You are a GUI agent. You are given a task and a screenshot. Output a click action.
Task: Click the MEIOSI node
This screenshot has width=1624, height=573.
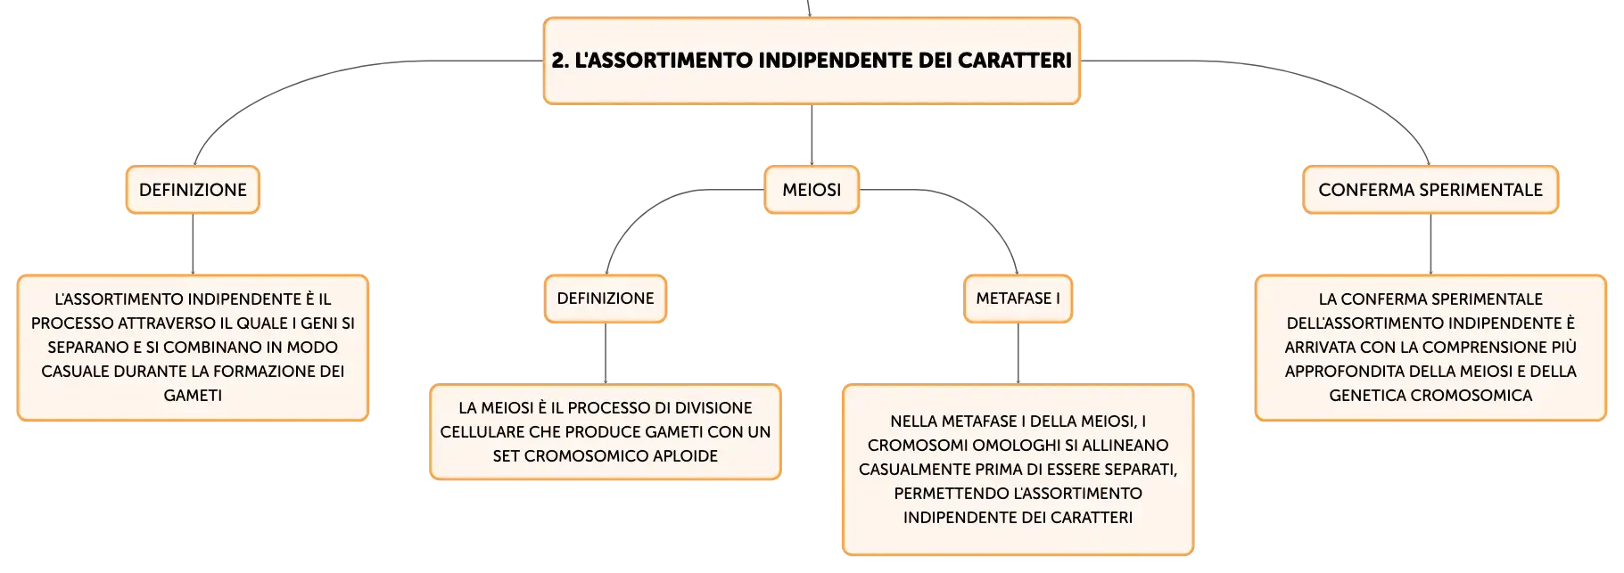coord(812,190)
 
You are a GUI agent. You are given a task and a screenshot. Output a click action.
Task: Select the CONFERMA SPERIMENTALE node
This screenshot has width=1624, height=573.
coord(1430,190)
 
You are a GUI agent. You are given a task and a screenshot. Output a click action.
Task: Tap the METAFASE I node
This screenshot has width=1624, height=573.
coord(1018,299)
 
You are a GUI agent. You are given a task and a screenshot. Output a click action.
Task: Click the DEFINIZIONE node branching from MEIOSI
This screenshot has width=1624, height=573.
coord(606,299)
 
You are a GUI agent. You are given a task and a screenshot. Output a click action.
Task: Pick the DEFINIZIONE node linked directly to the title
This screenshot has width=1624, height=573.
coord(193,190)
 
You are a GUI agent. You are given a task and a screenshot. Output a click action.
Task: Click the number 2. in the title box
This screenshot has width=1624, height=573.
coord(560,61)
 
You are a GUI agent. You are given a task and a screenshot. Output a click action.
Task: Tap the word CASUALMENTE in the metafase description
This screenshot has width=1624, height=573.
coord(913,469)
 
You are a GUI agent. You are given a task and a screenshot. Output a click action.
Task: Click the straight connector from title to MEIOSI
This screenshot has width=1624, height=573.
coord(812,135)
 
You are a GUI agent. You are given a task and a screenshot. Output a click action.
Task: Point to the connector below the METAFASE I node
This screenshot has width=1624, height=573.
coord(1018,353)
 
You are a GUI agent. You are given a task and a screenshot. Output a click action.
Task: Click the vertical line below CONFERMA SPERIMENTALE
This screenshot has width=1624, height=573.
coord(1430,244)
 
